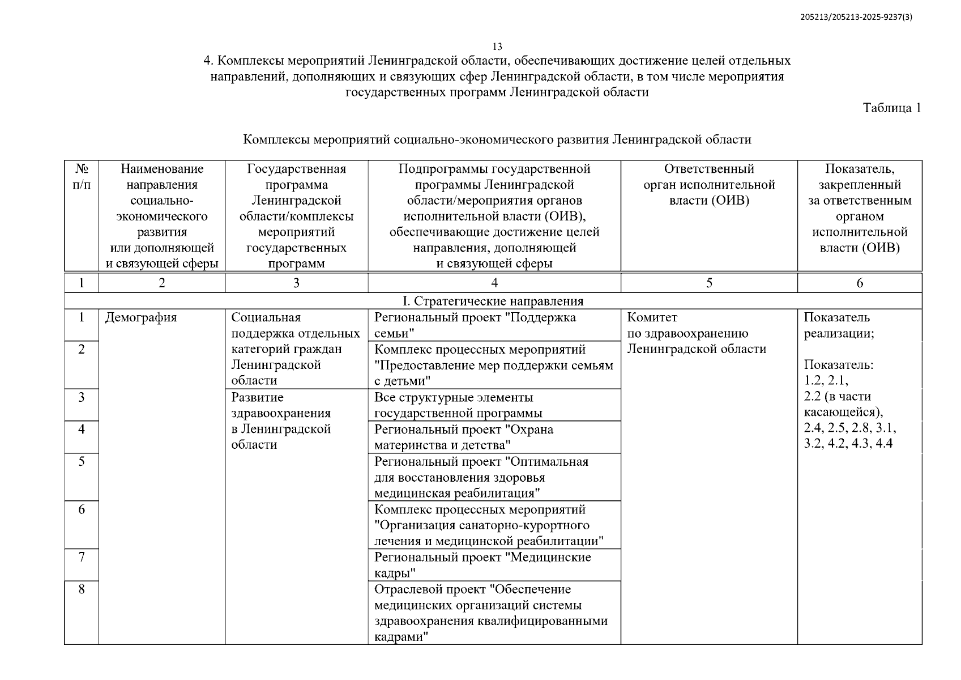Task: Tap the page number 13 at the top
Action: click(497, 46)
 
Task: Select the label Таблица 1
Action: click(891, 108)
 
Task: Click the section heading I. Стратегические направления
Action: click(493, 301)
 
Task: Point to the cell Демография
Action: click(141, 318)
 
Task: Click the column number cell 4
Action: click(494, 283)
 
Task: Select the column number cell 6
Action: click(859, 283)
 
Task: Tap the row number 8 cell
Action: click(82, 589)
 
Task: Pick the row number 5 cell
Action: click(82, 461)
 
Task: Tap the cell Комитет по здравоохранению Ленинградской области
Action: click(696, 333)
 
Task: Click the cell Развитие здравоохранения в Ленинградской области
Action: click(281, 421)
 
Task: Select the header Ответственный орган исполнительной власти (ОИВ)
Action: click(708, 185)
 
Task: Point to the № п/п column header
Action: click(82, 177)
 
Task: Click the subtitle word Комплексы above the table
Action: click(276, 139)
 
